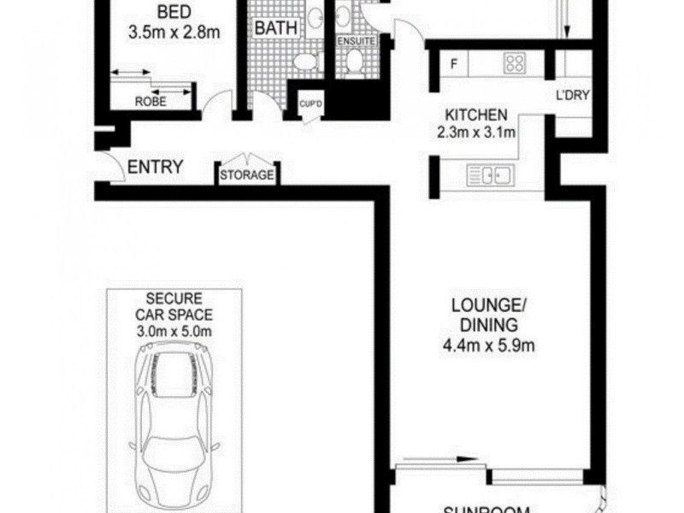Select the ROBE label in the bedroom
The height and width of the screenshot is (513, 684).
click(x=150, y=102)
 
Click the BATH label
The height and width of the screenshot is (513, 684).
click(x=276, y=28)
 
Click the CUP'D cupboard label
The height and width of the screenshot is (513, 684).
click(x=309, y=105)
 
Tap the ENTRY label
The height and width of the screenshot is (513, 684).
click(x=155, y=167)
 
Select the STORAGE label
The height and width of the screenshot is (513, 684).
click(x=247, y=176)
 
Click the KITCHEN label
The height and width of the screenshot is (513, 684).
click(x=476, y=115)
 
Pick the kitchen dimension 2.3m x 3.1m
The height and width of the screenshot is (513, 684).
click(x=476, y=133)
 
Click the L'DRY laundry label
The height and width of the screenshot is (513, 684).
click(x=572, y=95)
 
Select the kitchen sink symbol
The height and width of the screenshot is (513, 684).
click(x=490, y=176)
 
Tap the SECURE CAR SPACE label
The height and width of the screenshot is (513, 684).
click(x=174, y=307)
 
